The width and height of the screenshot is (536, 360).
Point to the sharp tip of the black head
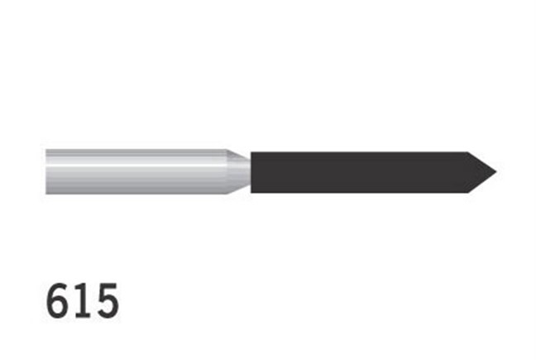point(495,172)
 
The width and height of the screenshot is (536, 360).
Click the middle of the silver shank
point(136,172)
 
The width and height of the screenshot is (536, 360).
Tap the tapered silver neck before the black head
point(239,172)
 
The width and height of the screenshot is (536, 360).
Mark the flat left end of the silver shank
point(46,172)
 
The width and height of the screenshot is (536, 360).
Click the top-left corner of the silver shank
point(46,150)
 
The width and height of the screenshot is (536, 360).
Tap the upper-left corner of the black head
point(251,152)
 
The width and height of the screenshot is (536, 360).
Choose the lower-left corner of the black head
point(251,192)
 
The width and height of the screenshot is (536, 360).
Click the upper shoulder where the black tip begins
point(467,152)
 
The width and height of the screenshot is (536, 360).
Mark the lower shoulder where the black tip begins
point(467,192)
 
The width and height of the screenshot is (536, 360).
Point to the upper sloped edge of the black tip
point(481,161)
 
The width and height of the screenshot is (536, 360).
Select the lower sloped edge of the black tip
point(481,183)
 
